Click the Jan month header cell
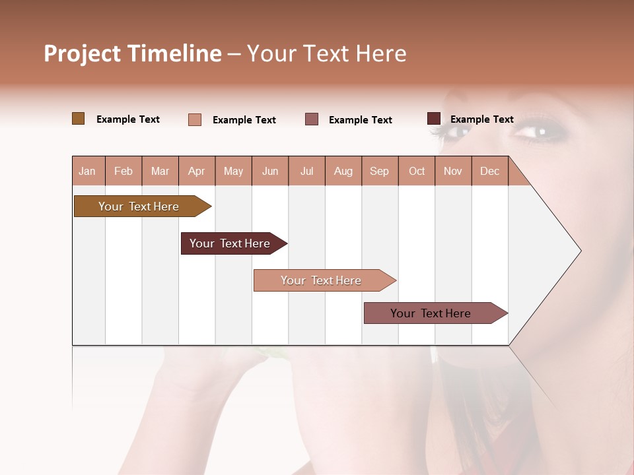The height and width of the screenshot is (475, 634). point(88,171)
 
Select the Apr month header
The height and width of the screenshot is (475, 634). point(197,171)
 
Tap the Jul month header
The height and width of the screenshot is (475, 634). point(306,171)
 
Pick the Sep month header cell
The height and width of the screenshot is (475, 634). point(380,171)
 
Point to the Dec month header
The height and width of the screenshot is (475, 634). point(489,171)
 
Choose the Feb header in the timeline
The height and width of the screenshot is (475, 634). point(123,171)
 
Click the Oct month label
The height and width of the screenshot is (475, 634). point(417,171)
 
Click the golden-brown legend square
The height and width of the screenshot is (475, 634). point(78,119)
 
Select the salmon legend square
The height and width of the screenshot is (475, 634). point(195,119)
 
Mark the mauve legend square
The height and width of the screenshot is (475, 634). point(312,119)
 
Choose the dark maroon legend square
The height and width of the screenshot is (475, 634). point(434,119)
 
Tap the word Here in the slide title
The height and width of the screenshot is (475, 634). point(381,53)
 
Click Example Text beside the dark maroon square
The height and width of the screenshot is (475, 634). point(481,119)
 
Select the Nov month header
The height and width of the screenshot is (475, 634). point(453,171)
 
